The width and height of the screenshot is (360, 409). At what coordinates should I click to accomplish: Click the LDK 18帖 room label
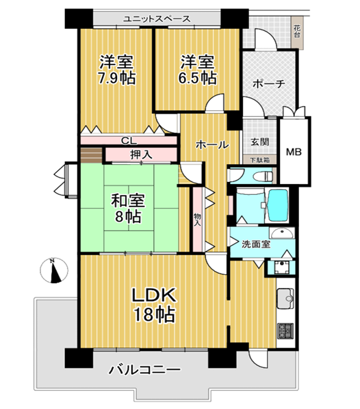154,305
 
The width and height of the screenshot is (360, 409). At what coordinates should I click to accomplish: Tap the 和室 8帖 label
128,209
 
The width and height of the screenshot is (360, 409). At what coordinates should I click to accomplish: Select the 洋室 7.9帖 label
117,70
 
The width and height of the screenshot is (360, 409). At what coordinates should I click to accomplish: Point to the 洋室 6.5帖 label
198,70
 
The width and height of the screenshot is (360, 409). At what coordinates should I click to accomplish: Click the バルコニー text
144,369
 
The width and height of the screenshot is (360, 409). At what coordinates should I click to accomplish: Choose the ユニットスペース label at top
157,18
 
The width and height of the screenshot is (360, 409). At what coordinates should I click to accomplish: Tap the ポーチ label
268,84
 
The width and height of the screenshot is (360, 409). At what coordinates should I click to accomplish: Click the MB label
294,152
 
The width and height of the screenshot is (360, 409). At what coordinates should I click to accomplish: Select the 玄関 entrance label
260,142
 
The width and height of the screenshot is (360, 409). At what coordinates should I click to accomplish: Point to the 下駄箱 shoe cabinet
260,160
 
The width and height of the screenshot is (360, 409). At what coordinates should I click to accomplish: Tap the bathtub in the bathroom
279,205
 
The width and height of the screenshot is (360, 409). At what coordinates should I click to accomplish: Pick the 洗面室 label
255,244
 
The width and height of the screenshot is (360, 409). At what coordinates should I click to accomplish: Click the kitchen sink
285,299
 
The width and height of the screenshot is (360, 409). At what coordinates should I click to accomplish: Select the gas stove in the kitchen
285,331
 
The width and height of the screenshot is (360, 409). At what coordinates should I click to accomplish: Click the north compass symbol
54,270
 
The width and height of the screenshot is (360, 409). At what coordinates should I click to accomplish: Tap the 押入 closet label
141,155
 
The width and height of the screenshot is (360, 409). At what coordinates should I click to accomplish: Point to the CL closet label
129,141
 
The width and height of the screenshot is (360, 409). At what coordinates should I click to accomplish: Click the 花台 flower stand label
297,31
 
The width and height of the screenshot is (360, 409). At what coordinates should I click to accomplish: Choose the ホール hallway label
212,144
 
